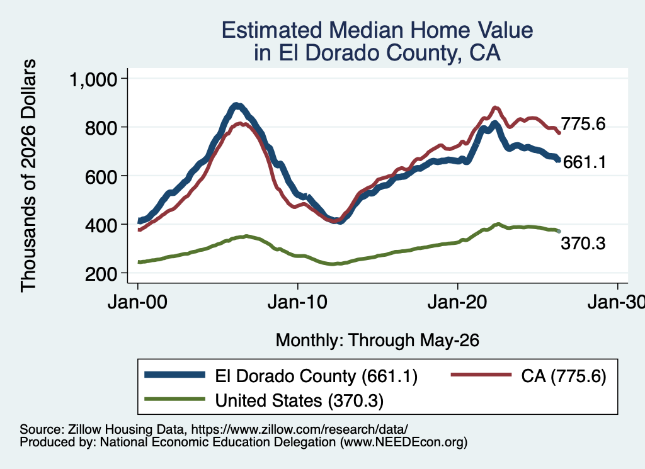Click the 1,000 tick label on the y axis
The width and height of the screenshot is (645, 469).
tap(94, 79)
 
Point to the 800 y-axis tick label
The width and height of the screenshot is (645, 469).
tap(101, 128)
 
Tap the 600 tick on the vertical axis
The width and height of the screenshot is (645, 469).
tap(101, 176)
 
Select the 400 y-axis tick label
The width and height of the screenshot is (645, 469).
tap(101, 225)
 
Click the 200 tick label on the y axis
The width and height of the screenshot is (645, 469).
tap(101, 274)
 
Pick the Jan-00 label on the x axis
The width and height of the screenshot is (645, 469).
tap(137, 303)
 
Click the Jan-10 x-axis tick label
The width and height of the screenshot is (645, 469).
tap(297, 303)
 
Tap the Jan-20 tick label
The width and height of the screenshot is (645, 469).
tap(457, 303)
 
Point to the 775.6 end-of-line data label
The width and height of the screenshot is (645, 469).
tap(583, 123)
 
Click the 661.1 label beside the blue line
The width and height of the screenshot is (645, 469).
tap(585, 162)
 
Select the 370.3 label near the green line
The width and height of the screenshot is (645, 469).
tap(583, 244)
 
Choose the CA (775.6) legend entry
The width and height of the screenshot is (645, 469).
tap(564, 376)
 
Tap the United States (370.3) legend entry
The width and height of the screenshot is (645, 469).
tap(299, 400)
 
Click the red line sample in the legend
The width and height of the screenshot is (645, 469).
tap(481, 375)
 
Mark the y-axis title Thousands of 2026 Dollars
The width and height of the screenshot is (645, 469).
tap(28, 176)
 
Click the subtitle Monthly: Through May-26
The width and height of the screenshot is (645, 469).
tap(377, 341)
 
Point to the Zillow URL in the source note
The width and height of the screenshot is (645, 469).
tap(299, 429)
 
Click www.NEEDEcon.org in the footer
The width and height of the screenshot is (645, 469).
tap(404, 442)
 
